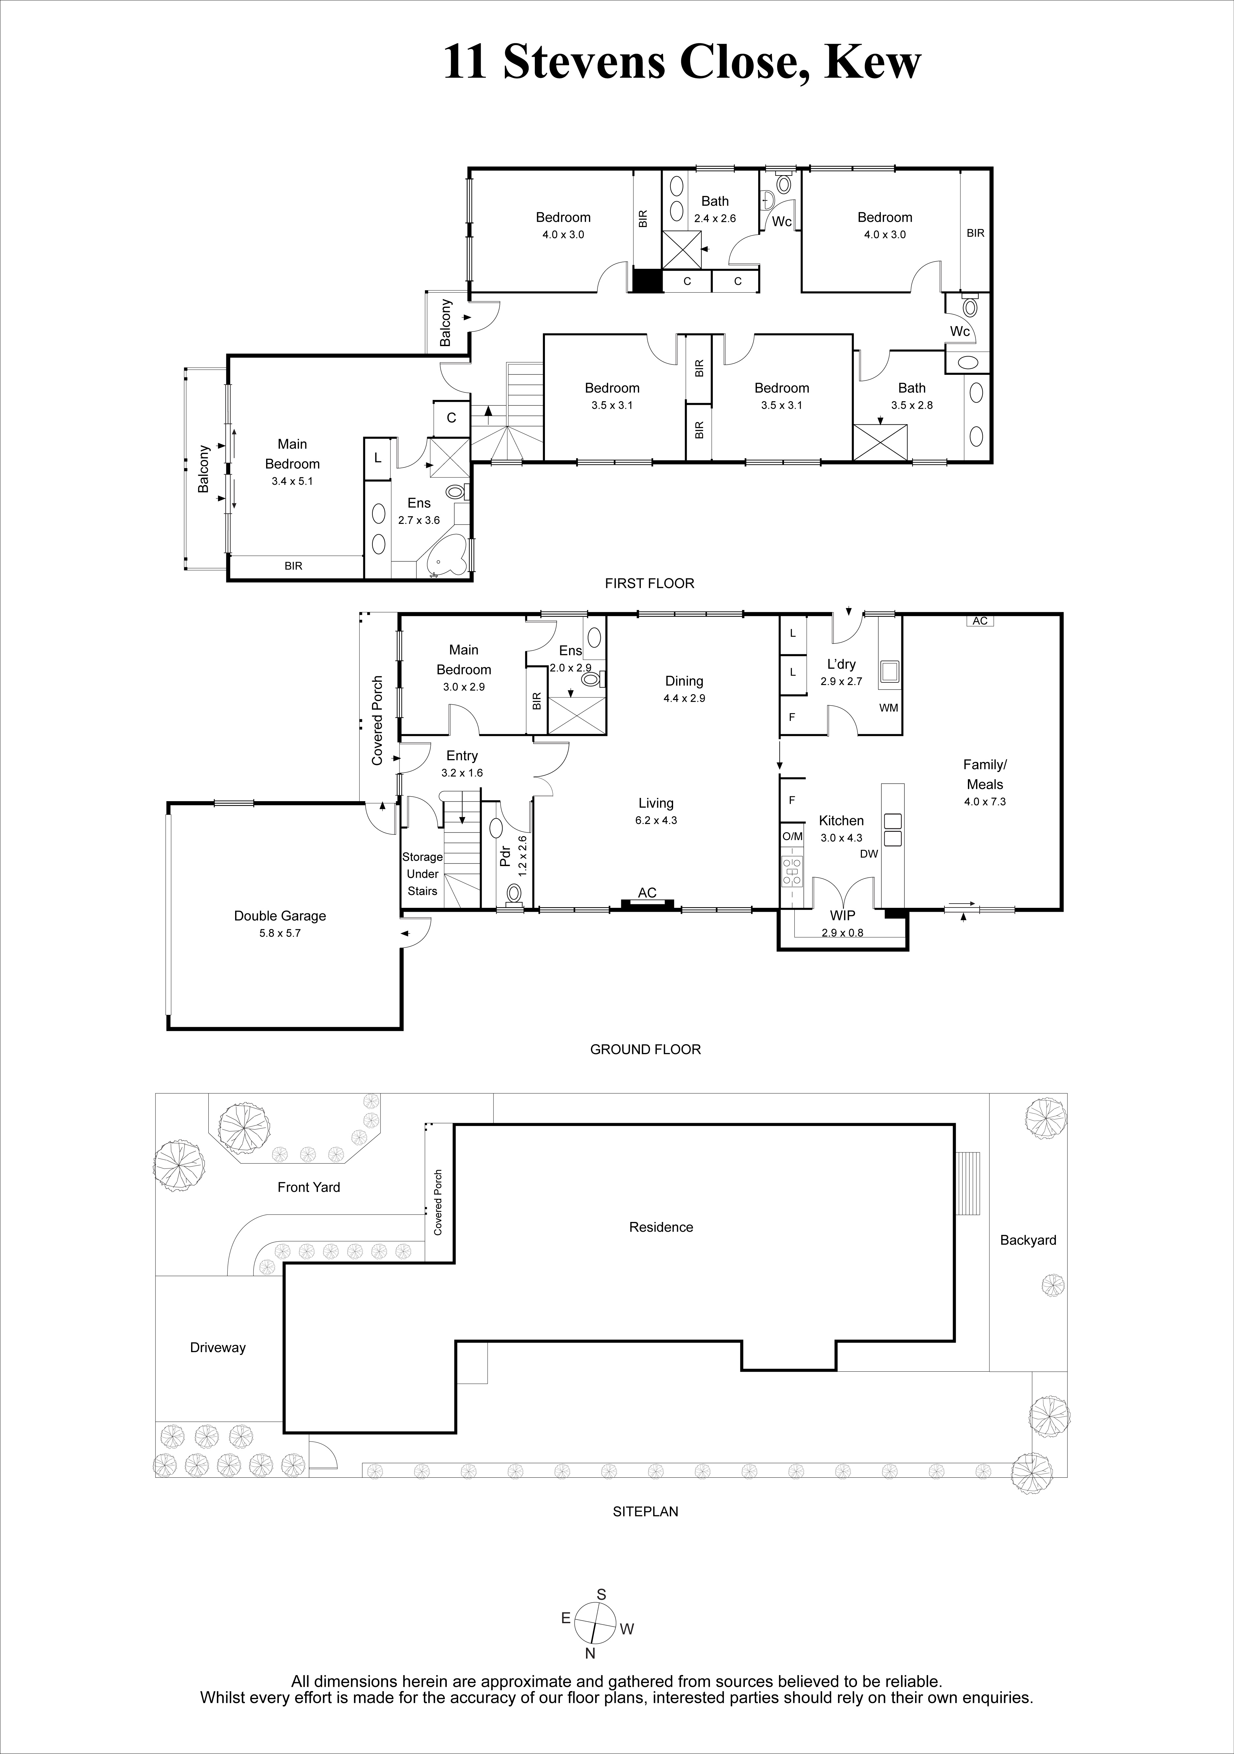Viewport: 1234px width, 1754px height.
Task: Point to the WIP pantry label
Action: [842, 915]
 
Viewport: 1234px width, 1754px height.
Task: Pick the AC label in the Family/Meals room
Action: [981, 621]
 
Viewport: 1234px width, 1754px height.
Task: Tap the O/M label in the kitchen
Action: [793, 836]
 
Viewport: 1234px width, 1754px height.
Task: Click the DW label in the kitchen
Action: [869, 854]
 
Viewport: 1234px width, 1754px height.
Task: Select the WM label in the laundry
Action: [889, 708]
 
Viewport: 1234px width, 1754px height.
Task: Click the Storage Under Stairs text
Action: [422, 874]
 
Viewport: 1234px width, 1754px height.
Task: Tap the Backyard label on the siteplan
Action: [1028, 1240]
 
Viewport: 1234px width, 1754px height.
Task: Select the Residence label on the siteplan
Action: [661, 1227]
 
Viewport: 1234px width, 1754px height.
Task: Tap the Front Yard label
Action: [308, 1186]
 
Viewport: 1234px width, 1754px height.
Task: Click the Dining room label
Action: [684, 681]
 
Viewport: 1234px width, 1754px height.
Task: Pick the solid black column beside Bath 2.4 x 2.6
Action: [647, 280]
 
